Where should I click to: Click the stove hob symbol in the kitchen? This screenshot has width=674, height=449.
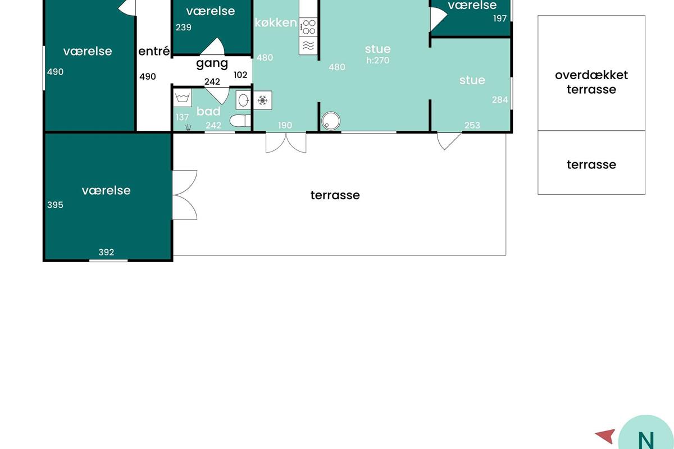(308, 27)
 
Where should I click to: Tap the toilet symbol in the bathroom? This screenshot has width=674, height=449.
(240, 121)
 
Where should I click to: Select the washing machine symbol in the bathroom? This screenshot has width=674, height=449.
(183, 98)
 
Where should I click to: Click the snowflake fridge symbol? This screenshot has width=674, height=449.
(263, 100)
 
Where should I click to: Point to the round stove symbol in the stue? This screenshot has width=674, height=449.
(331, 121)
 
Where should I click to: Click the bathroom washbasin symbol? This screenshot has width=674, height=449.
(243, 100)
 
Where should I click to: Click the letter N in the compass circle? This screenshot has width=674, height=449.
(646, 441)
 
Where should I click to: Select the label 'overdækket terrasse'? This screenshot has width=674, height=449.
(591, 82)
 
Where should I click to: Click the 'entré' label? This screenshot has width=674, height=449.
(154, 51)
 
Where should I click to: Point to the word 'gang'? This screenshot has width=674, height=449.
(212, 64)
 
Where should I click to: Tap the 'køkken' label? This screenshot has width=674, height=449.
(276, 22)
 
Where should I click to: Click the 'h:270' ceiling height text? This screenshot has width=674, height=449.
(377, 61)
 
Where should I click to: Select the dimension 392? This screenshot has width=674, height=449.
(106, 252)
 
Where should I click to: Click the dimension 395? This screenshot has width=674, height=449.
(55, 205)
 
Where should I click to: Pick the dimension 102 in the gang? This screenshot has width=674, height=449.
(240, 75)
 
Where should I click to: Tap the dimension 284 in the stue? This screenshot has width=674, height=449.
(500, 99)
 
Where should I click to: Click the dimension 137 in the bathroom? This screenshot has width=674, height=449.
(182, 117)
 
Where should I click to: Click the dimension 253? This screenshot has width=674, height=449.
(472, 125)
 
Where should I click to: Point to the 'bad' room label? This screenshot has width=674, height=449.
(208, 111)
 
